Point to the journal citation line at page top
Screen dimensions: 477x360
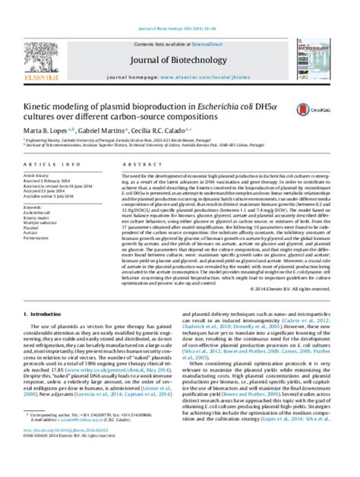coord(179,6)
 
